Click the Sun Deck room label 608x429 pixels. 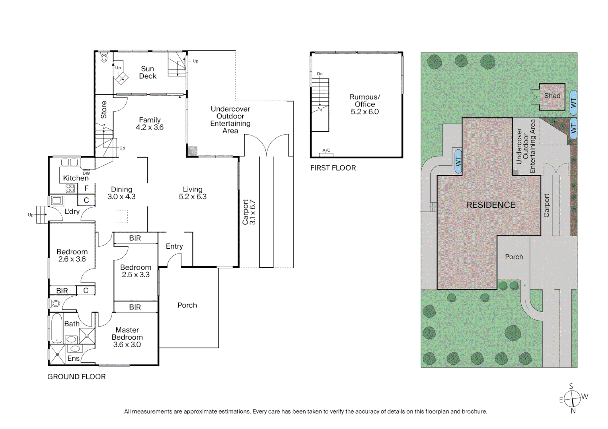(148, 72)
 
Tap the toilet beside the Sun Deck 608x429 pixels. (104, 57)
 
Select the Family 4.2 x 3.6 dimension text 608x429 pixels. (150, 128)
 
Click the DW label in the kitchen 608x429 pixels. (86, 174)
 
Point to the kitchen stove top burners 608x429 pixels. (70, 188)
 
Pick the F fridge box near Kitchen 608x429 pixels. (87, 188)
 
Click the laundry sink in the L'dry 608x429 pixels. (57, 201)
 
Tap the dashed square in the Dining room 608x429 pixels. (122, 216)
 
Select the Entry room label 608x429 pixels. (174, 246)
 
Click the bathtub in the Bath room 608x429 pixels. (57, 328)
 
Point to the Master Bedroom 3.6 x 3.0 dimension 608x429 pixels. (127, 344)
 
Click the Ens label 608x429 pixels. (73, 358)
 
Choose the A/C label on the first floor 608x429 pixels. (326, 151)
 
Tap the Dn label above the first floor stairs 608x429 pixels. (320, 74)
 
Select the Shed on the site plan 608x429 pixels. (552, 97)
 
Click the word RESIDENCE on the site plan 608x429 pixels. (491, 205)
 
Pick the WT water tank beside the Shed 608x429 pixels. (573, 103)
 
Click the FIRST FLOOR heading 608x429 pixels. (333, 168)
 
